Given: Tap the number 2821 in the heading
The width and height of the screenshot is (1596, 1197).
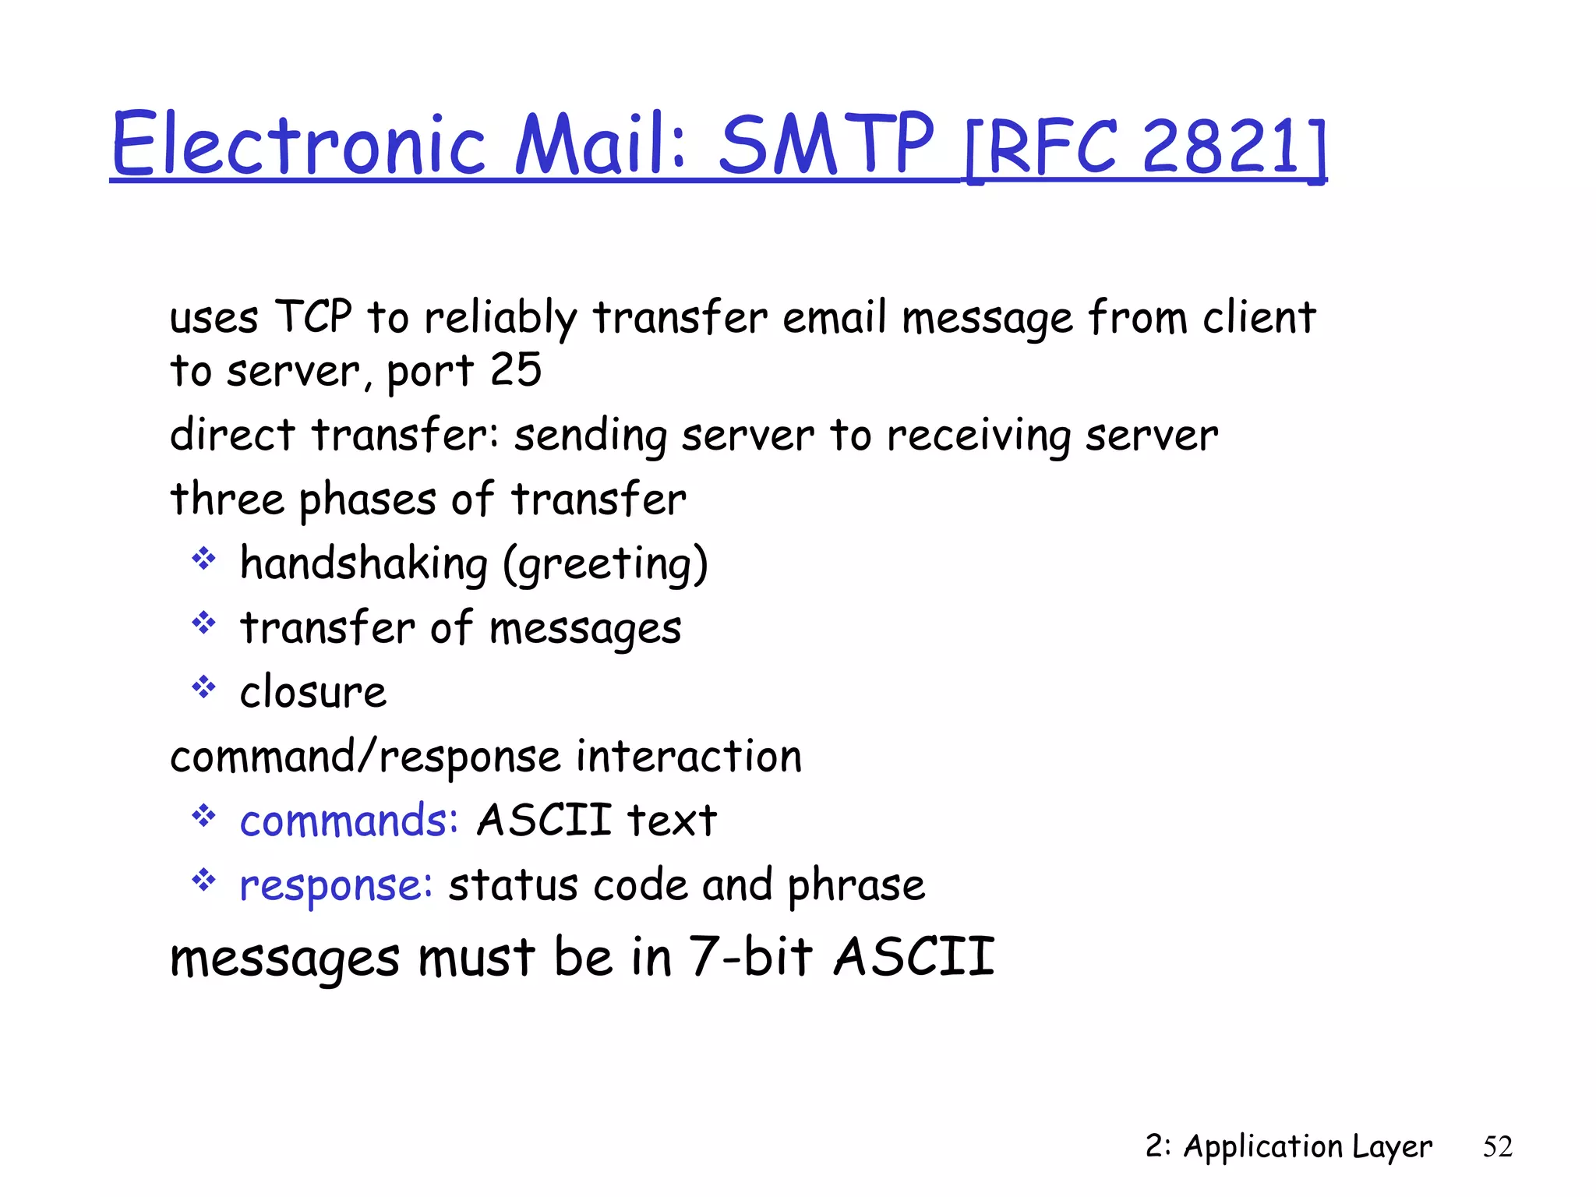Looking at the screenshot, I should click(x=1220, y=147).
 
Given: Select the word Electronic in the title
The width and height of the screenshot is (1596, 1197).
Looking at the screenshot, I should click(x=299, y=144).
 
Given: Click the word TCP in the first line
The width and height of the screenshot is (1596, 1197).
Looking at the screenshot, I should click(x=313, y=317).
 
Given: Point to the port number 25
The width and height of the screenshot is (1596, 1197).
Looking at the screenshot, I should click(x=515, y=369).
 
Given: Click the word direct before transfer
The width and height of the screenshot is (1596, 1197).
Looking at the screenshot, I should click(x=232, y=434).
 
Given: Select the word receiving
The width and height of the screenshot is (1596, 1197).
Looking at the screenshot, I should click(x=979, y=436).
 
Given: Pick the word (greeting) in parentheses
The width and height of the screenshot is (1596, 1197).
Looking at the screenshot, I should click(x=606, y=564).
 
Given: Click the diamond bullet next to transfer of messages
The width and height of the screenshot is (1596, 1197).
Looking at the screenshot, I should click(x=203, y=623).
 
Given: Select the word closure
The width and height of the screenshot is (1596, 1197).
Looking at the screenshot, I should click(x=312, y=692).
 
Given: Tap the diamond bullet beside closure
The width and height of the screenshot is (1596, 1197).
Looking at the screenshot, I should click(x=203, y=687).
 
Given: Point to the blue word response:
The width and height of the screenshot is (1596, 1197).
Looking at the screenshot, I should click(x=336, y=886).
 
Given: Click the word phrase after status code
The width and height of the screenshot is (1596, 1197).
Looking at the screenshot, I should click(x=856, y=886).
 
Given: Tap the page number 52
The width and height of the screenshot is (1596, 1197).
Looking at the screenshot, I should click(x=1497, y=1146).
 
